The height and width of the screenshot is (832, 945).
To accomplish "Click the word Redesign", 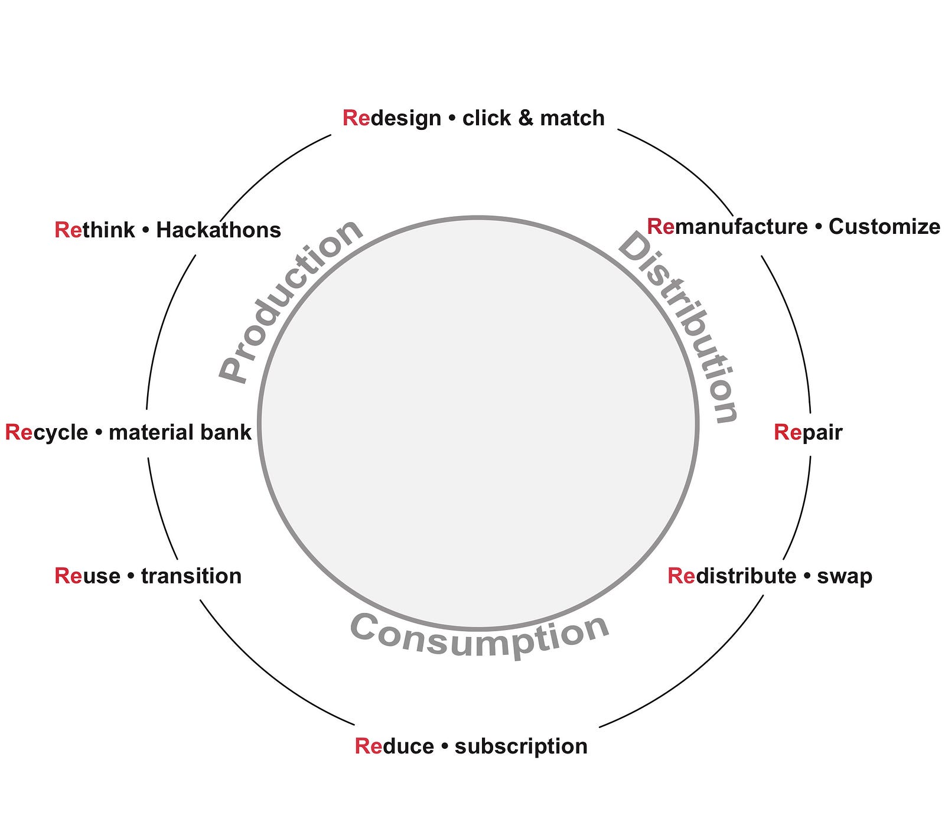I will pyautogui.click(x=392, y=118).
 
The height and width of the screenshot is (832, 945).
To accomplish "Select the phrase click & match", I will pyautogui.click(x=533, y=118).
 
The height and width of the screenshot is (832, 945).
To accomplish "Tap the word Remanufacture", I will pyautogui.click(x=727, y=227).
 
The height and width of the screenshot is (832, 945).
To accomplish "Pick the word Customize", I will pyautogui.click(x=884, y=227).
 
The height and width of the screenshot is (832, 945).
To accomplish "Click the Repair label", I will pyautogui.click(x=807, y=432).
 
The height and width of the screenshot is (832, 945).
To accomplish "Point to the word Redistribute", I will pyautogui.click(x=732, y=576).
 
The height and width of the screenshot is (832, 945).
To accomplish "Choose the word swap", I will pyautogui.click(x=845, y=576).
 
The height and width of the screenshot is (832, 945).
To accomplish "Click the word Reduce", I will pyautogui.click(x=394, y=746).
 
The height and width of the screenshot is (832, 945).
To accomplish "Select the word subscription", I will pyautogui.click(x=521, y=746).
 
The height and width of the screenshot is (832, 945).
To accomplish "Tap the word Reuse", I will pyautogui.click(x=87, y=576).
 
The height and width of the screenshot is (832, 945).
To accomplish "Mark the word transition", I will pyautogui.click(x=191, y=576).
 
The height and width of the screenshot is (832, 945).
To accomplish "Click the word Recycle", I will pyautogui.click(x=47, y=432).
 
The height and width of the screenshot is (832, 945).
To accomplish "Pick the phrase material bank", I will pyautogui.click(x=180, y=432).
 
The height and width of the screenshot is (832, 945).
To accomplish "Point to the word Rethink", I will pyautogui.click(x=94, y=230).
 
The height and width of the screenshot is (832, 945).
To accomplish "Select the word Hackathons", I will pyautogui.click(x=219, y=230).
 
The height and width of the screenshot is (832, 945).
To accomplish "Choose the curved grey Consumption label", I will pyautogui.click(x=480, y=635).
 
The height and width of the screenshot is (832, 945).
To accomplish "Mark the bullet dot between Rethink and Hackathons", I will pyautogui.click(x=145, y=230).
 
